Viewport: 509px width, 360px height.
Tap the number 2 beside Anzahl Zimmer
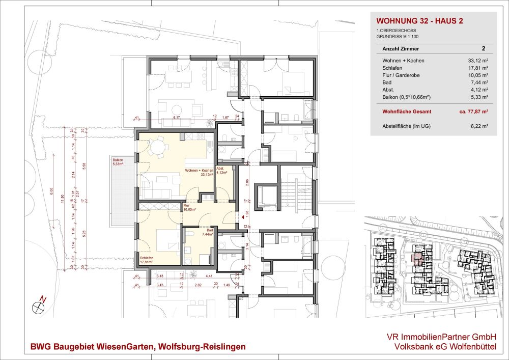point(483,49)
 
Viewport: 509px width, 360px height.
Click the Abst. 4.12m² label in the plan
point(221,171)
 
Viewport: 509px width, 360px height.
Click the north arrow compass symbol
point(39,306)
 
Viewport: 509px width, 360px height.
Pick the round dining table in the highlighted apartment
point(158,148)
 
